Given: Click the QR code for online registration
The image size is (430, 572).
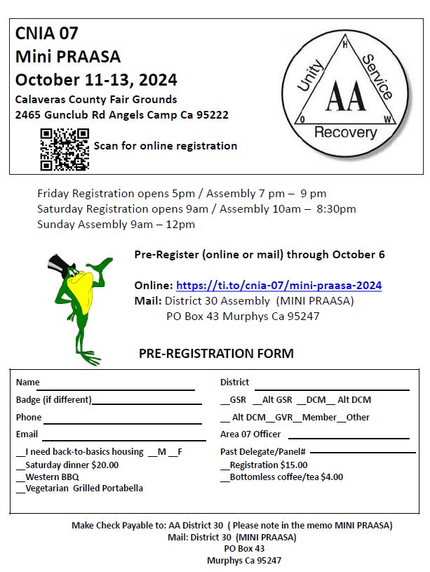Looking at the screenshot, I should [x=65, y=148].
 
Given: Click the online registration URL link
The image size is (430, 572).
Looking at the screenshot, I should [x=278, y=286].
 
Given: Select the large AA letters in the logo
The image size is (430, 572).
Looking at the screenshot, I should [x=344, y=97].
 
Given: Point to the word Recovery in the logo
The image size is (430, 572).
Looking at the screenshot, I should [x=344, y=132].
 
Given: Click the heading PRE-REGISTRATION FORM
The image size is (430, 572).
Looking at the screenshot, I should [x=216, y=354].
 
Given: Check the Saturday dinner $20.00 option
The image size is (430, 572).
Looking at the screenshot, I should [x=20, y=465].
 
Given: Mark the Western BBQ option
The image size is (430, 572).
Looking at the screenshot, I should [x=20, y=477].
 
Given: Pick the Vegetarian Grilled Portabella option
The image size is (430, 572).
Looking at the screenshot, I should [x=20, y=488].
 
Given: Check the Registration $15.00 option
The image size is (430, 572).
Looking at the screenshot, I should [x=224, y=465].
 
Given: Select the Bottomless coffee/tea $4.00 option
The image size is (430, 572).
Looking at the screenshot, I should [x=224, y=477].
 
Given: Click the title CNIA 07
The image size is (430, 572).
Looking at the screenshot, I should [x=47, y=34].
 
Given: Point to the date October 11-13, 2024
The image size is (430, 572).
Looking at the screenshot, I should [x=96, y=79].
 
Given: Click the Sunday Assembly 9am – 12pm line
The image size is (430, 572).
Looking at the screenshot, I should [x=116, y=225].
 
